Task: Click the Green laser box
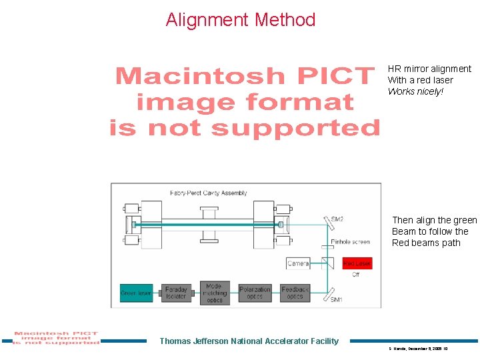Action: (x=136, y=293)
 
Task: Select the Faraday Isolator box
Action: (x=176, y=293)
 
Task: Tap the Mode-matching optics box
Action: (x=215, y=293)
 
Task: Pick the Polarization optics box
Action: (x=255, y=293)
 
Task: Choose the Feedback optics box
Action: (x=295, y=293)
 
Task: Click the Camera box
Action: (x=298, y=263)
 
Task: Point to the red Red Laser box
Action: (x=357, y=263)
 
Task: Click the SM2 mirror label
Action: (x=337, y=219)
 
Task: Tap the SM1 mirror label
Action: (x=337, y=300)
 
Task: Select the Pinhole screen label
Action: (x=350, y=242)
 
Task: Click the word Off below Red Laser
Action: (x=355, y=274)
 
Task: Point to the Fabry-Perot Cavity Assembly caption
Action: (x=208, y=193)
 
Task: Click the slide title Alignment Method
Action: (x=241, y=20)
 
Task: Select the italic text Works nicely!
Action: (x=415, y=91)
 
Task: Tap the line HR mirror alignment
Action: (x=429, y=69)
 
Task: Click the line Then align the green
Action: (x=435, y=220)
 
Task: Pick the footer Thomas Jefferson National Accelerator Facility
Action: (x=249, y=341)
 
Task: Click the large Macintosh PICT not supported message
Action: (x=245, y=101)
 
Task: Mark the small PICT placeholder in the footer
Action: (x=56, y=338)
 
